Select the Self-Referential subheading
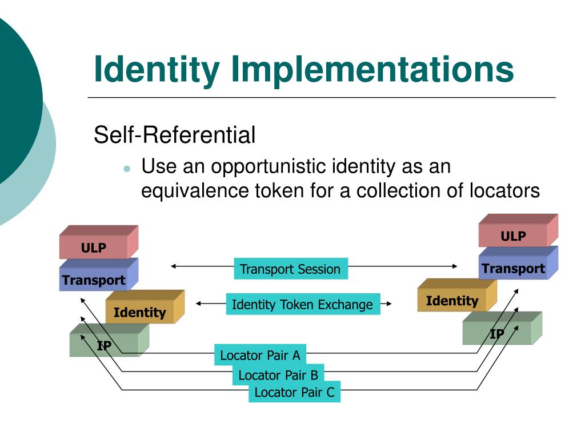[x=174, y=135]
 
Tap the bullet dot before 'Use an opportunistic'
[x=127, y=169]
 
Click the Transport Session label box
[x=290, y=269]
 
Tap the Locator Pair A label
[x=260, y=356]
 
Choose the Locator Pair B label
[x=278, y=375]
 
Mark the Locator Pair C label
[x=294, y=392]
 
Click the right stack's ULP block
[x=513, y=236]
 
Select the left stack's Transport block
[x=94, y=280]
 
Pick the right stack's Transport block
[x=513, y=269]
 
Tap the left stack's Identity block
[x=140, y=312]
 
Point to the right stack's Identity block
[x=452, y=301]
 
